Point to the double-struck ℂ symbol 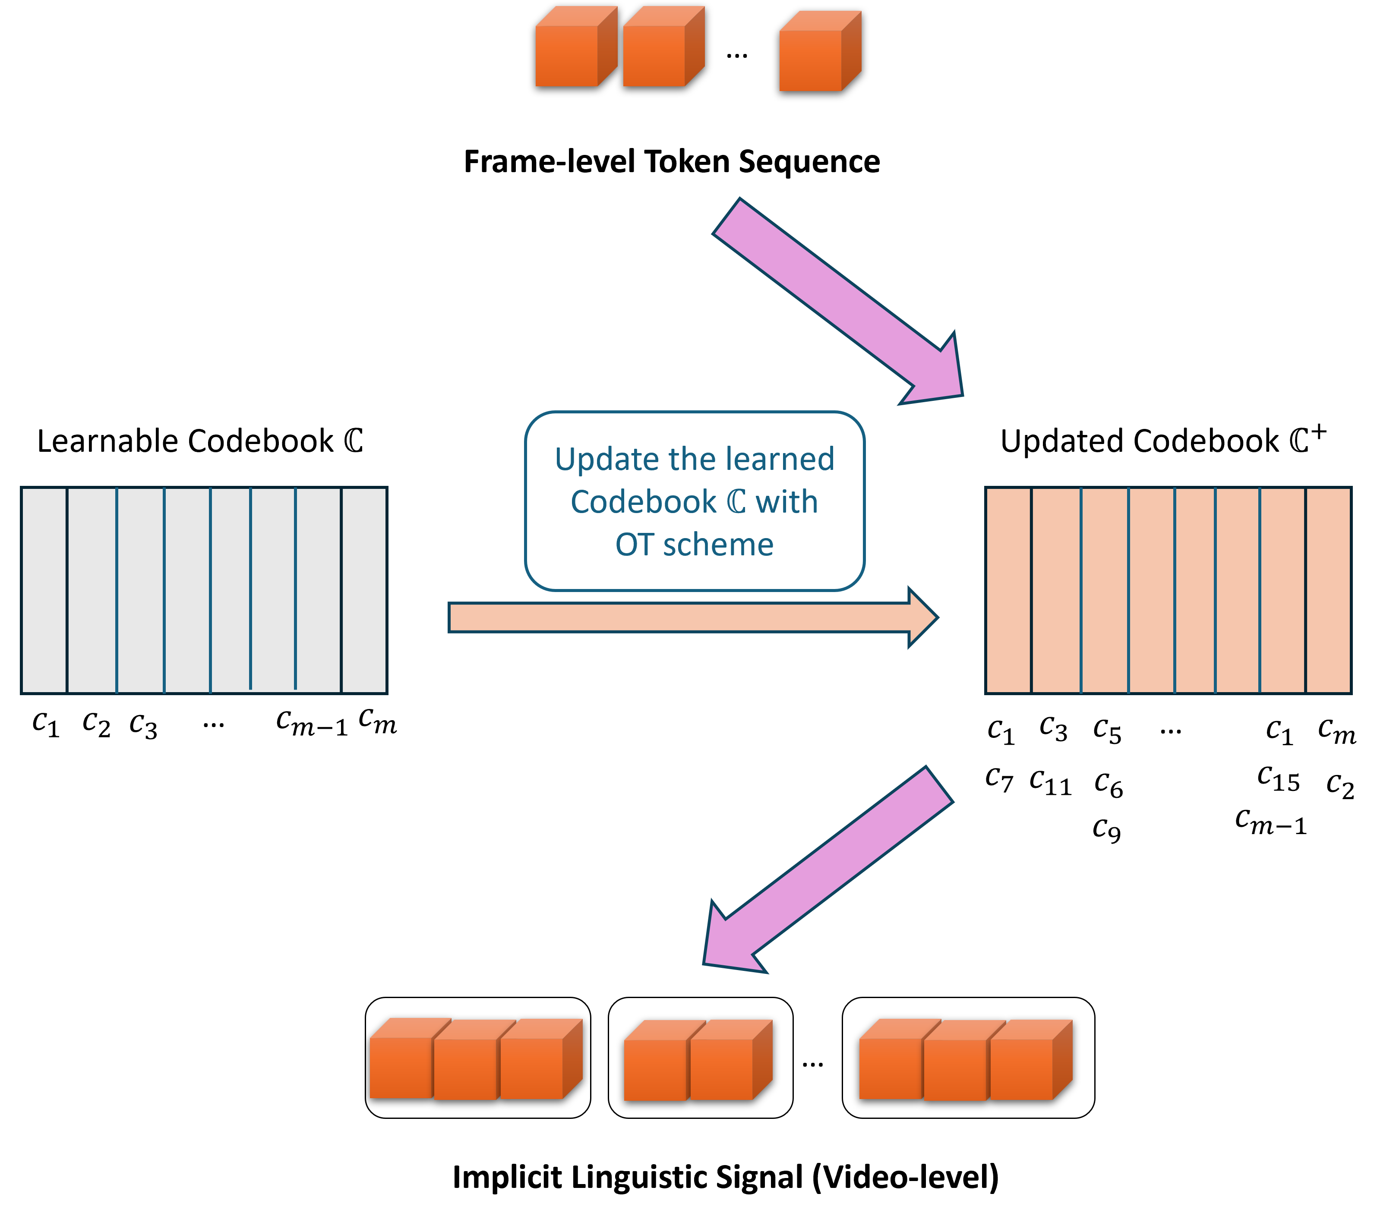coord(736,502)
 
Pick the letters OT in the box coord(634,545)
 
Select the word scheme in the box coord(718,545)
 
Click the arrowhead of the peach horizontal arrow coord(922,617)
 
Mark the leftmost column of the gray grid coord(44,590)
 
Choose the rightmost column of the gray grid coord(364,590)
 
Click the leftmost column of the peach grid coord(1008,590)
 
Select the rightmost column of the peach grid coord(1328,590)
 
